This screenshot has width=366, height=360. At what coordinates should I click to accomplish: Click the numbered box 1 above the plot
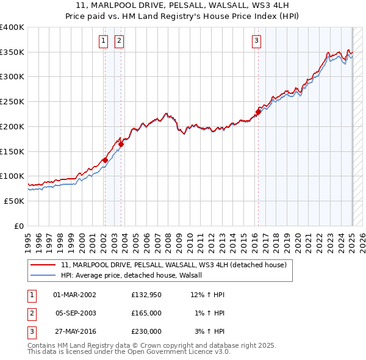pos(103,41)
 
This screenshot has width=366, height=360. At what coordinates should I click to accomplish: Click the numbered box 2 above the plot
pos(118,41)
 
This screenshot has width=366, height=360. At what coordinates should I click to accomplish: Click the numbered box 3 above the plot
pos(257,41)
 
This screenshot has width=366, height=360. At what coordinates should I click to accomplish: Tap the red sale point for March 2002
pos(105,160)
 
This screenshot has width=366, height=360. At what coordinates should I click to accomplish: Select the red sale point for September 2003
pos(121,144)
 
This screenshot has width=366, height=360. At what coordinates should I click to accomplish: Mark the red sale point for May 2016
pos(258,112)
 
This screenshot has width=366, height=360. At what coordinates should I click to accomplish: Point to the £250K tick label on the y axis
pos(12,102)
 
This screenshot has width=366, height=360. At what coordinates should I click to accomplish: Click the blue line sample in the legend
pos(43,275)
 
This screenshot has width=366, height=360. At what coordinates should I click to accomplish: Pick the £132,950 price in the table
pos(146,295)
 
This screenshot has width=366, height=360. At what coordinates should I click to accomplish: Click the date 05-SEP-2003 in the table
pos(76,313)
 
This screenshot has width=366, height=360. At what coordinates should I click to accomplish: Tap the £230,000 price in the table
pos(146,331)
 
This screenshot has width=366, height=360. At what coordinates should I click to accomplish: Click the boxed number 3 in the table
pos(30,331)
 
